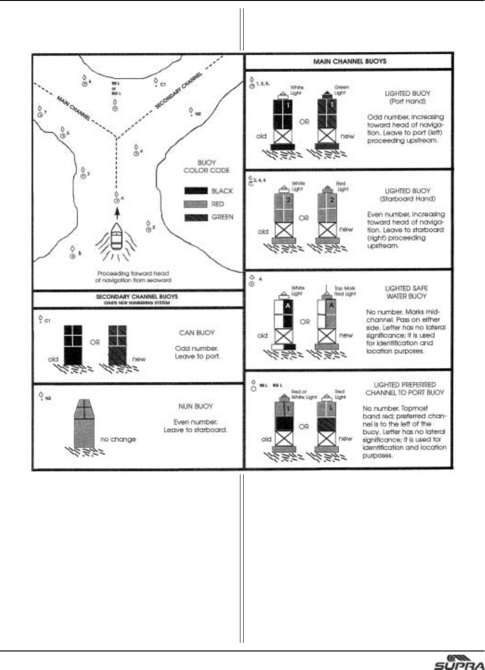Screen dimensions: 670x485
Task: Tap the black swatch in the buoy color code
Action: [x=196, y=191]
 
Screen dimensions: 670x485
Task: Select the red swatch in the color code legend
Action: [x=196, y=204]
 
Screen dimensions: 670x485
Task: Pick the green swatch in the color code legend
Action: [x=196, y=217]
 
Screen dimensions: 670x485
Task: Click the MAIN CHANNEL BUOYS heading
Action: [x=349, y=61]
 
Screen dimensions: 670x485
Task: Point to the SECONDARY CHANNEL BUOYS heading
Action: [x=137, y=296]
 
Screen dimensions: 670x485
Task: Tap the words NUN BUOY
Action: [x=195, y=406]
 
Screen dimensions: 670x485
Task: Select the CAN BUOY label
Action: [x=197, y=333]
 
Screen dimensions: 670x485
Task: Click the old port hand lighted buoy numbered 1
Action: [x=282, y=123]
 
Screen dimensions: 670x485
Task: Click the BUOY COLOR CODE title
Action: [x=207, y=167]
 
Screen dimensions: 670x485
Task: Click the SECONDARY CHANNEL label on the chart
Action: [x=179, y=91]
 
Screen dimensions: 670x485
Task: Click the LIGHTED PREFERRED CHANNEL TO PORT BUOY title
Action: [x=405, y=388]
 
